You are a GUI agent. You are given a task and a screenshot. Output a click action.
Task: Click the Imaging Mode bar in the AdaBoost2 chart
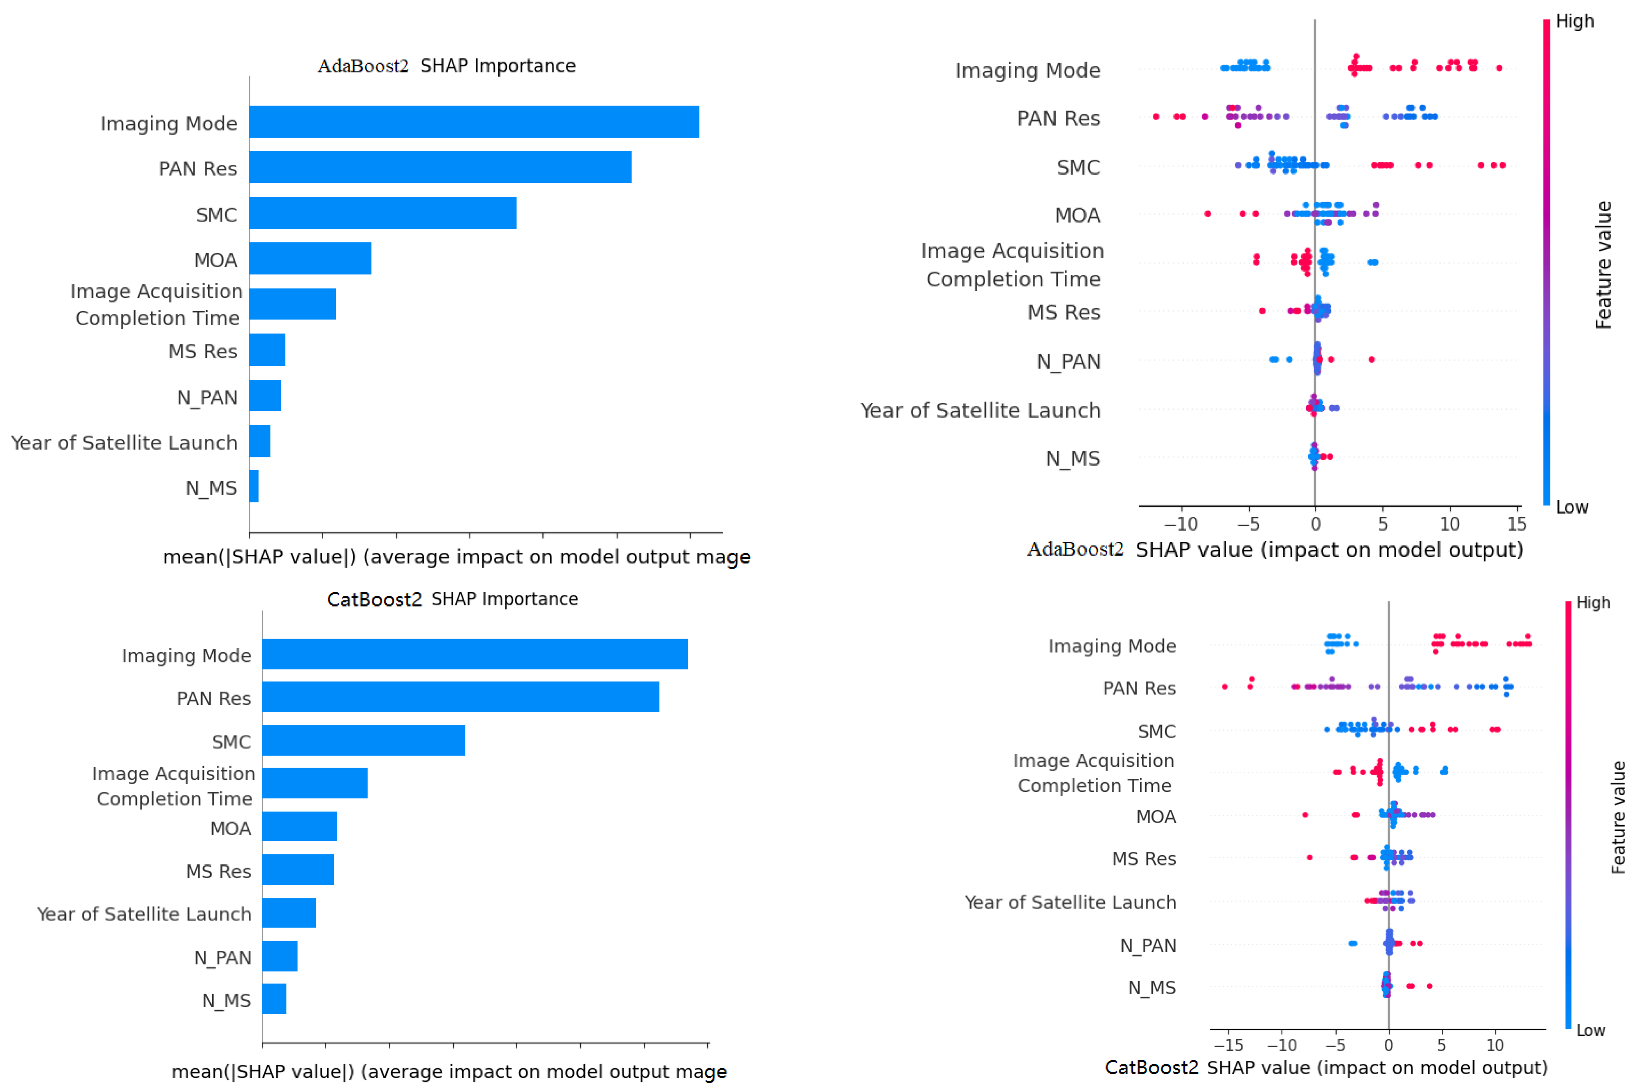474,122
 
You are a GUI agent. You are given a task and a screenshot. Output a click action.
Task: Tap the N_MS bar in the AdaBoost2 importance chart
254,486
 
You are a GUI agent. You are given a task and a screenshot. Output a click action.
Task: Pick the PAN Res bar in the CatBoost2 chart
460,697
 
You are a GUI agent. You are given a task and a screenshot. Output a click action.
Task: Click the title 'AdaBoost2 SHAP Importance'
447,66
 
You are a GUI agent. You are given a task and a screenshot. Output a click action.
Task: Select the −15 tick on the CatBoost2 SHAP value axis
1228,1045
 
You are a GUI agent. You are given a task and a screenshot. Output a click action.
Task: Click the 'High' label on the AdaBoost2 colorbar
1575,21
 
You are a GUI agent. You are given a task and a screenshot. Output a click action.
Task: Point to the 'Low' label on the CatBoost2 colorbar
1590,1031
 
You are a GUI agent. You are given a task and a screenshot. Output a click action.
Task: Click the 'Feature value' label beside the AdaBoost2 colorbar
1603,265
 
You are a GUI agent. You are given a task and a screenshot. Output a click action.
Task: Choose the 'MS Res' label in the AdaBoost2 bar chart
203,351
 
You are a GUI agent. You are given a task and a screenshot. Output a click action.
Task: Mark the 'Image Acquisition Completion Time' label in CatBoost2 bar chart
174,786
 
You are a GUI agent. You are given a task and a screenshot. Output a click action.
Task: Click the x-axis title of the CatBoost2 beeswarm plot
1326,1068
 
